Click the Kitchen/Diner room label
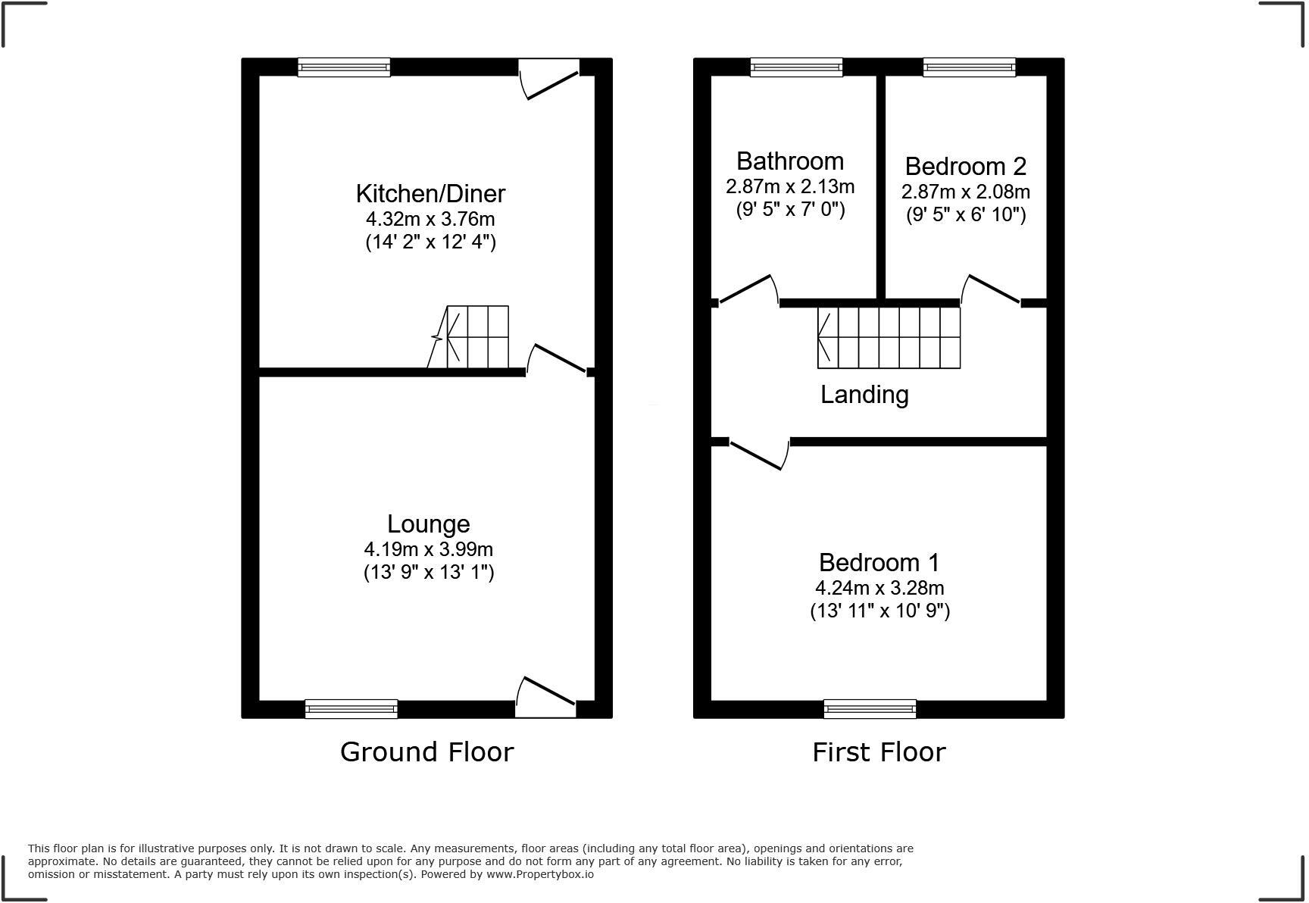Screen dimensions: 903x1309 430,194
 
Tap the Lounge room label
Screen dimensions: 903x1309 428,524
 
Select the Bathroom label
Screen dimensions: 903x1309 789,161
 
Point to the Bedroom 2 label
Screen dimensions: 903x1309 966,166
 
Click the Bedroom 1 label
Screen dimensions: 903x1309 879,563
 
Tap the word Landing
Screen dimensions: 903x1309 864,395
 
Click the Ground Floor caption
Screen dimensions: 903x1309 426,752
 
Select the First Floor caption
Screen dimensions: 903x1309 879,752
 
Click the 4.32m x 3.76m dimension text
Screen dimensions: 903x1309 430,220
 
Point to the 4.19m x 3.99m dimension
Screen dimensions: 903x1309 428,549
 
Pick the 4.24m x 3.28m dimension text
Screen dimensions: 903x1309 879,588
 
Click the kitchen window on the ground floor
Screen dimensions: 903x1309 344,67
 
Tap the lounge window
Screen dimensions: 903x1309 351,708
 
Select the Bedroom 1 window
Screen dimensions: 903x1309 870,708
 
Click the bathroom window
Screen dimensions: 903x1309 796,67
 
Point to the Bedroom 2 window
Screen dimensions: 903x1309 969,67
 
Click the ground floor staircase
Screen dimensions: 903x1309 477,337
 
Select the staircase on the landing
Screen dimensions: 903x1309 889,338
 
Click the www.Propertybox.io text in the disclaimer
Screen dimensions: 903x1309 539,874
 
